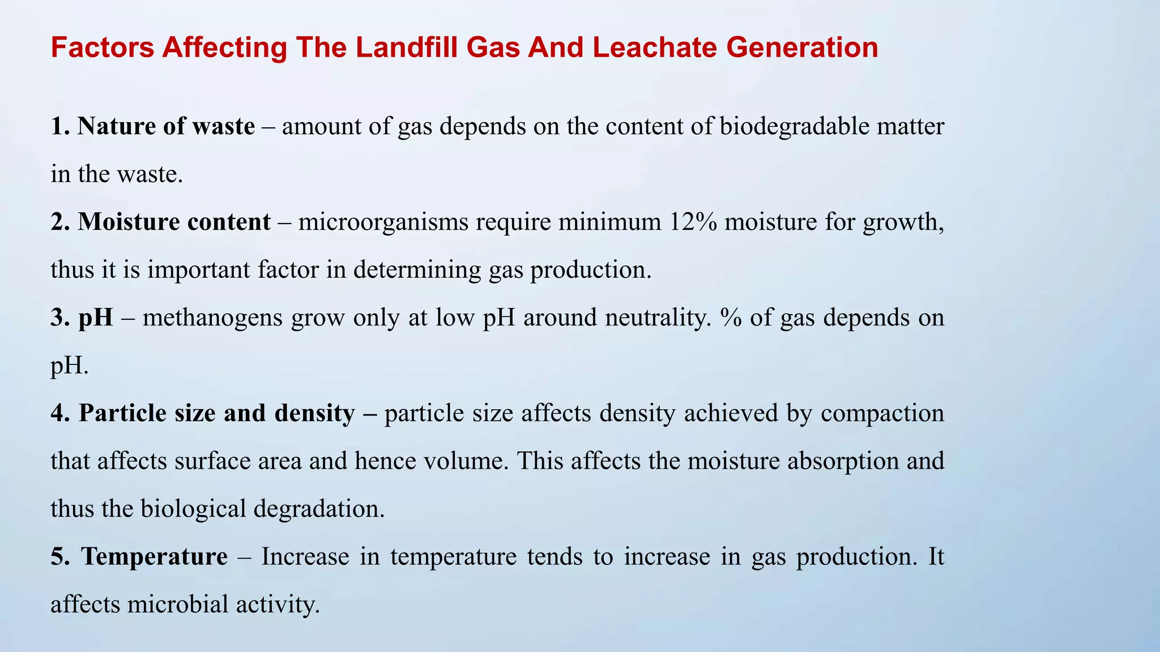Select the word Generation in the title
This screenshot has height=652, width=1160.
pyautogui.click(x=802, y=48)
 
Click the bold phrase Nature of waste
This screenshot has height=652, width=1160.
pyautogui.click(x=166, y=126)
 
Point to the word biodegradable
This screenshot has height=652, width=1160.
pyautogui.click(x=795, y=126)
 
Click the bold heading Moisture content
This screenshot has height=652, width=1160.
pyautogui.click(x=174, y=222)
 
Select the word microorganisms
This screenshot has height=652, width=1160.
pyautogui.click(x=383, y=222)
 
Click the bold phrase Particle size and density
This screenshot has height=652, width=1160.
pyautogui.click(x=216, y=413)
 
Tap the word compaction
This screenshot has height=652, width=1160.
pyautogui.click(x=882, y=413)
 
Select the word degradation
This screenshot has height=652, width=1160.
pyautogui.click(x=319, y=509)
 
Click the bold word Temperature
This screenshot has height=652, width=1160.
pyautogui.click(x=154, y=556)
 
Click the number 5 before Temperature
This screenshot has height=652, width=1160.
pyautogui.click(x=57, y=556)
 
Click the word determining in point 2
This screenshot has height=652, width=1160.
pyautogui.click(x=417, y=270)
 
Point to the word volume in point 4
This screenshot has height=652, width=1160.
pyautogui.click(x=466, y=461)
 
